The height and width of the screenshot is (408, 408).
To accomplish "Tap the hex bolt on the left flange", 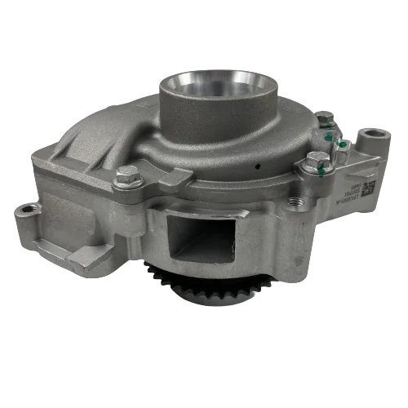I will point(128,173).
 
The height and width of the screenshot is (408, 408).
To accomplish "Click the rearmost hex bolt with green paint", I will point(326,122).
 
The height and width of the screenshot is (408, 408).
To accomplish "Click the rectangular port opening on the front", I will point(201,224).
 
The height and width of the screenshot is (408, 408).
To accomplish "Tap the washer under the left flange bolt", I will point(128,181).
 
